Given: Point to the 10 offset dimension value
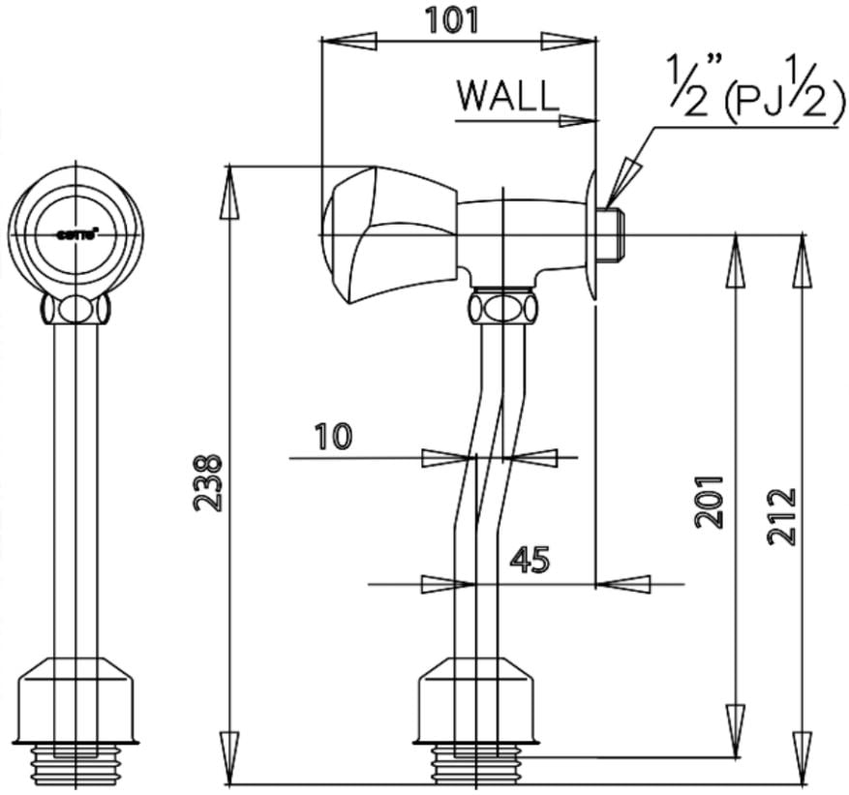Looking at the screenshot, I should (x=333, y=438).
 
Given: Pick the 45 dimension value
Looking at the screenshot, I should (x=529, y=560).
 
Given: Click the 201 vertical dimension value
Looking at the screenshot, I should (x=711, y=501).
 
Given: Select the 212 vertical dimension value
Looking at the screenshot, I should (x=781, y=516).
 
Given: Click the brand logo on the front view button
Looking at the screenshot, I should (x=75, y=232).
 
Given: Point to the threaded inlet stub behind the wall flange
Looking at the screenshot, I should (x=612, y=235).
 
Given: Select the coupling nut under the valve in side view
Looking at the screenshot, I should (x=501, y=309).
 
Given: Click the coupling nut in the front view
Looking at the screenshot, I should (x=76, y=310).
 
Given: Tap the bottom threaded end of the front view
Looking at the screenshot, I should (x=76, y=765).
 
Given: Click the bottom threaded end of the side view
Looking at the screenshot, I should (x=475, y=765).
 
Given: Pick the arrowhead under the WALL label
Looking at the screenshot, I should (x=575, y=120).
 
